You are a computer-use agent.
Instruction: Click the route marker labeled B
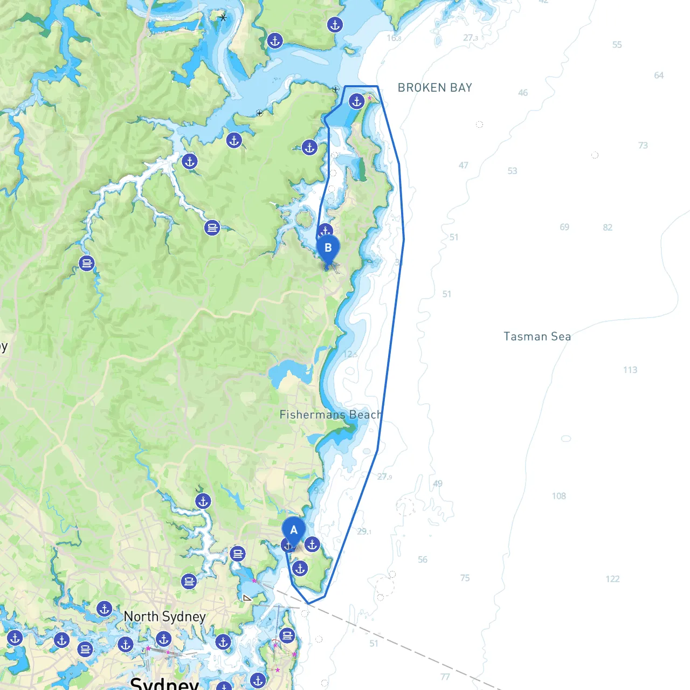click(328, 249)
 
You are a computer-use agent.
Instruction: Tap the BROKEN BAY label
click(434, 88)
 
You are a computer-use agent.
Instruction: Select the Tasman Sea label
click(537, 337)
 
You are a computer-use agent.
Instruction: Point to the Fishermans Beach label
click(330, 415)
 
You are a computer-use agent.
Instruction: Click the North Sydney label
click(164, 617)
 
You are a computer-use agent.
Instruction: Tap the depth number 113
click(630, 370)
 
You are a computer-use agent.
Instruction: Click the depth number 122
click(612, 579)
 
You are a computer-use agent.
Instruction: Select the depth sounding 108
click(559, 496)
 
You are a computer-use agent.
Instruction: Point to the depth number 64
click(659, 75)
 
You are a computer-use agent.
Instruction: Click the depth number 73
click(643, 146)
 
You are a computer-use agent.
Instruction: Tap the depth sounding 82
click(608, 227)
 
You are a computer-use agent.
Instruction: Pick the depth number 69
click(564, 227)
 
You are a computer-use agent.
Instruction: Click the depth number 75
click(465, 578)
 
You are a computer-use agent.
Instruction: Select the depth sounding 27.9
click(384, 477)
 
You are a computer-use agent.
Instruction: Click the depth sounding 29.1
click(364, 532)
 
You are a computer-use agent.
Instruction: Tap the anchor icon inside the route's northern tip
click(356, 101)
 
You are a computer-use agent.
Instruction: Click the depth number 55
click(617, 45)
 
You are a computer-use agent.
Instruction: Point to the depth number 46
click(523, 93)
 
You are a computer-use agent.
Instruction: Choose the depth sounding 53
click(512, 171)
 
